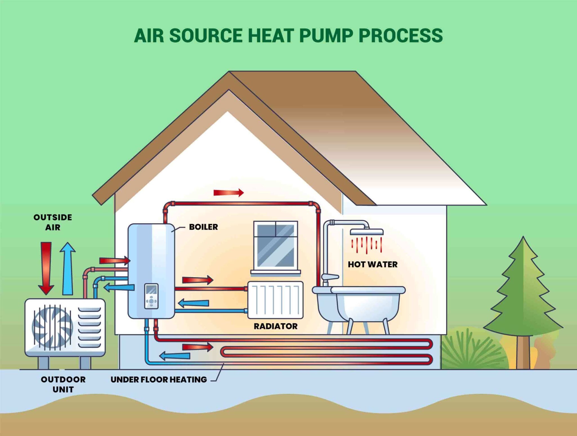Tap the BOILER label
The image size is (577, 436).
click(x=203, y=227)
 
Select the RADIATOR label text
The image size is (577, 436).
click(x=276, y=326)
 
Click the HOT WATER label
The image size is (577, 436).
click(x=372, y=264)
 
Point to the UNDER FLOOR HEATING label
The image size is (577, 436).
click(x=159, y=380)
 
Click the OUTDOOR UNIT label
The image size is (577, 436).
click(x=63, y=384)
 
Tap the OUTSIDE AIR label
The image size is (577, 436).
click(x=53, y=222)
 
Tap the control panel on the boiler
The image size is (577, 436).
click(x=151, y=296)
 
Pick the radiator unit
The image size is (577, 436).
click(x=275, y=300)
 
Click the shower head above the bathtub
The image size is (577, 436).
click(x=367, y=232)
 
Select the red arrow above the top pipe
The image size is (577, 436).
click(x=228, y=193)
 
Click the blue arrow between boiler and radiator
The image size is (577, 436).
click(x=194, y=303)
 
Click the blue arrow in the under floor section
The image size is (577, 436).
click(x=175, y=356)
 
